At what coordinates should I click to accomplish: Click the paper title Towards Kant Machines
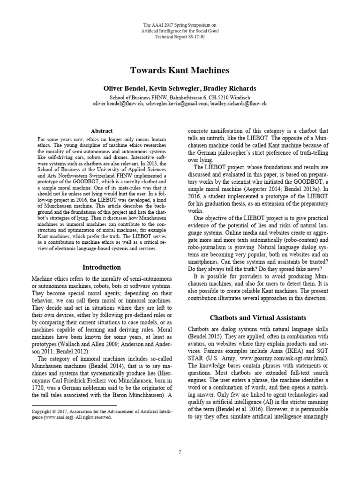click(x=180, y=71)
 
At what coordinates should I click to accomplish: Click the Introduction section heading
click(x=101, y=268)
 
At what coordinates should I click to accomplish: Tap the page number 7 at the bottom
click(x=180, y=452)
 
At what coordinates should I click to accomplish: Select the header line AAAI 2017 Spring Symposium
click(x=180, y=25)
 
